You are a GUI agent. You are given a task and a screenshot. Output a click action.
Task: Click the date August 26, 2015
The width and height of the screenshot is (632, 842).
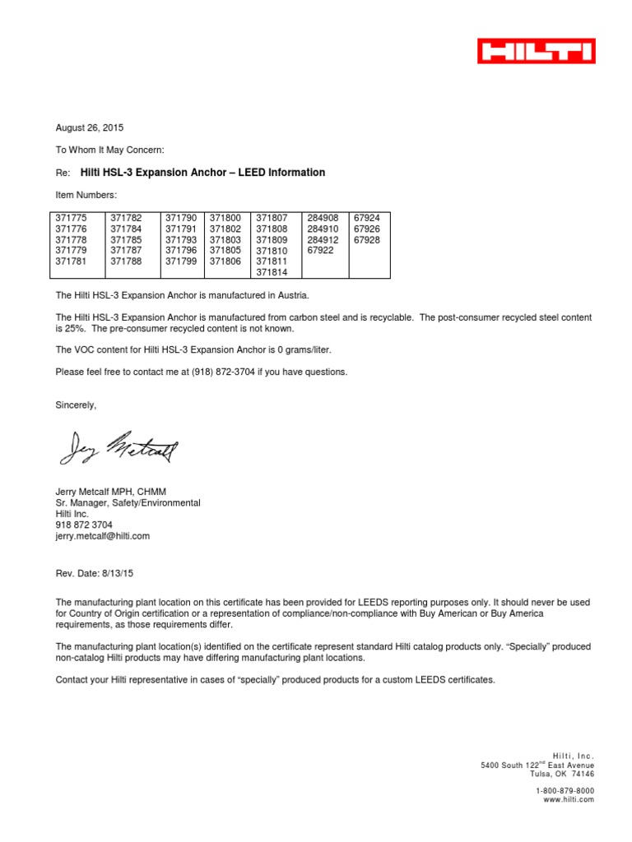click(x=89, y=128)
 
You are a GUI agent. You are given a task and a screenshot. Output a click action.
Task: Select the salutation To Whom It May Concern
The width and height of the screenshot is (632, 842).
click(x=109, y=150)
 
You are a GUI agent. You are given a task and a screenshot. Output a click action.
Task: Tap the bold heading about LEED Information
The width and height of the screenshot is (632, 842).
click(x=202, y=173)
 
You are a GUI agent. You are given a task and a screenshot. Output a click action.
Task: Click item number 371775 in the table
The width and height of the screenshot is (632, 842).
click(x=71, y=218)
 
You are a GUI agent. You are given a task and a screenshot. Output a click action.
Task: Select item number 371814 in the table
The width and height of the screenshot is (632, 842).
click(x=272, y=271)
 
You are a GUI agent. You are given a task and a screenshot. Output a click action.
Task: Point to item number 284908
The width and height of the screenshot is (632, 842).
click(x=322, y=218)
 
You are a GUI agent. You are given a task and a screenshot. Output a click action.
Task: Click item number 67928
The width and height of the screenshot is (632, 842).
click(x=366, y=239)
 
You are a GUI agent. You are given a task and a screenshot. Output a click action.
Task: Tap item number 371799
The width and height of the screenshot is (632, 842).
click(x=181, y=261)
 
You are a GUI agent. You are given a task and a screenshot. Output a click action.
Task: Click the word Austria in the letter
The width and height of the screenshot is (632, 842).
click(x=293, y=295)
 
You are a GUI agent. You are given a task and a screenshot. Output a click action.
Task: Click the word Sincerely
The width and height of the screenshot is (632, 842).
click(x=76, y=405)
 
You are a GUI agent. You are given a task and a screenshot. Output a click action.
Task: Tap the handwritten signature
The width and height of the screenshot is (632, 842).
click(x=118, y=447)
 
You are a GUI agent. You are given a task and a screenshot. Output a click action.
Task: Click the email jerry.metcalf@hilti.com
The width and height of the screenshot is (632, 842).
click(x=102, y=535)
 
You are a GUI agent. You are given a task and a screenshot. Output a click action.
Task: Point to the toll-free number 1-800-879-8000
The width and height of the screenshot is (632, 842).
click(x=565, y=790)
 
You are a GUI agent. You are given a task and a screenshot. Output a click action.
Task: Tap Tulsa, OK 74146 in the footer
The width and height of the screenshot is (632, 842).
click(x=563, y=774)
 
